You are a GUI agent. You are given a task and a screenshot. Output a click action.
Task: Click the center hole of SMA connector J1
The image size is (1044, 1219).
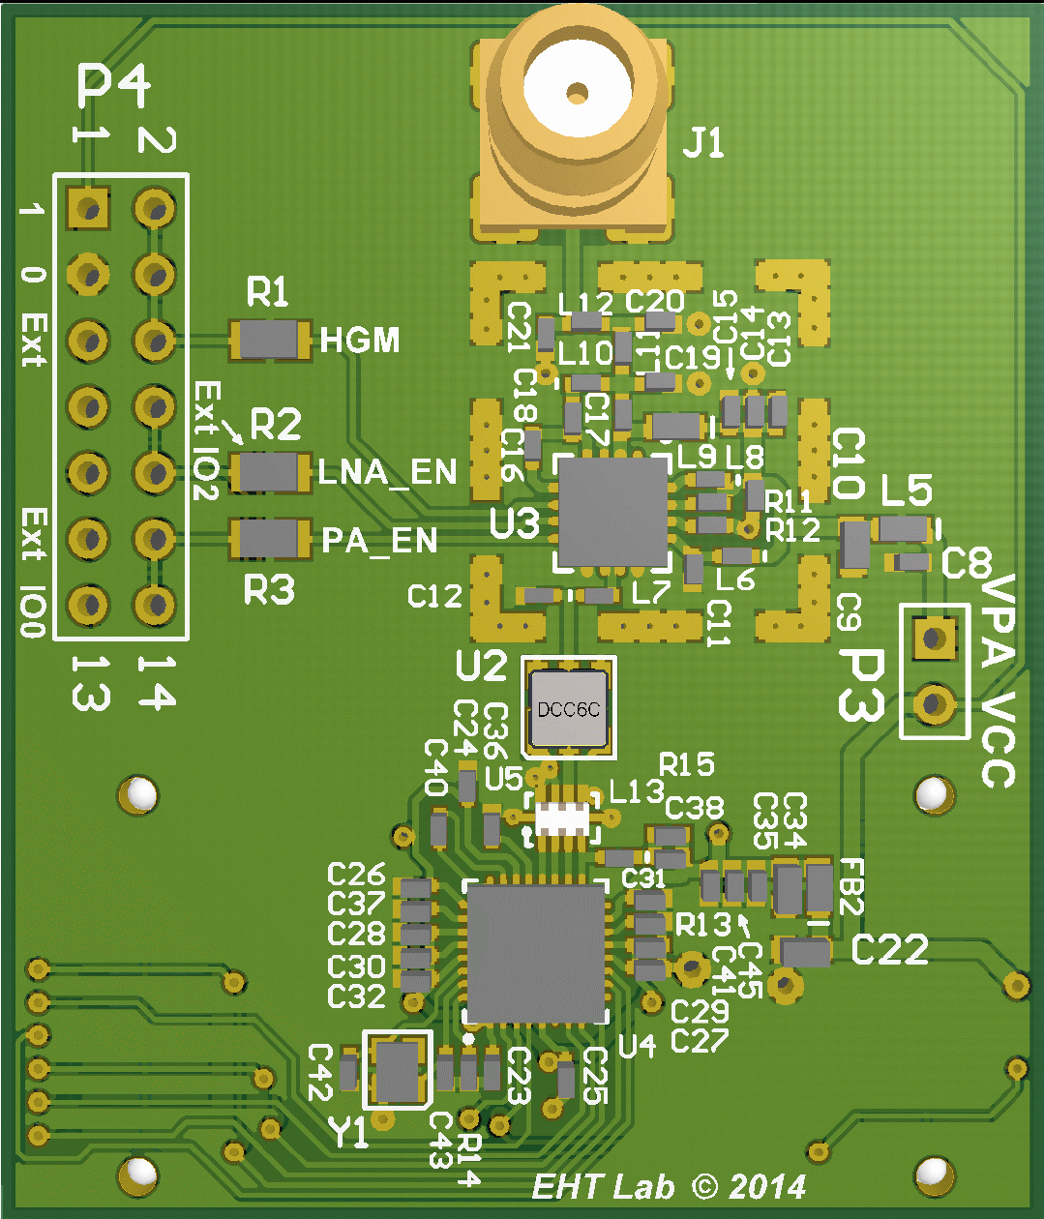click(578, 94)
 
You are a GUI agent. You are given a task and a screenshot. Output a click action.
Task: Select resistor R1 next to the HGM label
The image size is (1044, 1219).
click(269, 341)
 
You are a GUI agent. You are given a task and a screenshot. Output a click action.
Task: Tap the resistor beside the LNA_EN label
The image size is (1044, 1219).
click(269, 472)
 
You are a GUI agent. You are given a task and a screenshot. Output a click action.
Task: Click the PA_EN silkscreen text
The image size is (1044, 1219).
click(379, 540)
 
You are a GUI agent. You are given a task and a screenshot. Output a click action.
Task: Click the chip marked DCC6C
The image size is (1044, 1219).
click(569, 709)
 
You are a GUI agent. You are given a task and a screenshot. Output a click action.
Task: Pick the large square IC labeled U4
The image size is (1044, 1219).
click(536, 952)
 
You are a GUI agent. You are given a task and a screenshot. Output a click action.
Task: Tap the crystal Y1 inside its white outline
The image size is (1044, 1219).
click(396, 1071)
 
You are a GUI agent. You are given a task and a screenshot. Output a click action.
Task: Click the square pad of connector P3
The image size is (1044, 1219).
click(934, 637)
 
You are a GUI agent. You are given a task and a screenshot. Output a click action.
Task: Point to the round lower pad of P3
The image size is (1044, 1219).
click(934, 703)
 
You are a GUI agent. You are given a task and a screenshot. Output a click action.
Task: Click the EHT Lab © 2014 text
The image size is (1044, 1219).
click(669, 1186)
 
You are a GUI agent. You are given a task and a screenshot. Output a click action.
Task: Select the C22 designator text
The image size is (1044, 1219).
click(889, 950)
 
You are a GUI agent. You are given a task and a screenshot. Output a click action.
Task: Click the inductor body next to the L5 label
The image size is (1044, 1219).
click(903, 528)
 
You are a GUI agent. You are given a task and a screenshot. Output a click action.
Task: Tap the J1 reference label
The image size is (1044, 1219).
click(703, 144)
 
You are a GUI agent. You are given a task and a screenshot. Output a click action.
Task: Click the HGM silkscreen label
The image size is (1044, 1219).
click(359, 341)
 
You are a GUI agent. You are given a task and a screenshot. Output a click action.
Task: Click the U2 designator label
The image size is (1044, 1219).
click(481, 666)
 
